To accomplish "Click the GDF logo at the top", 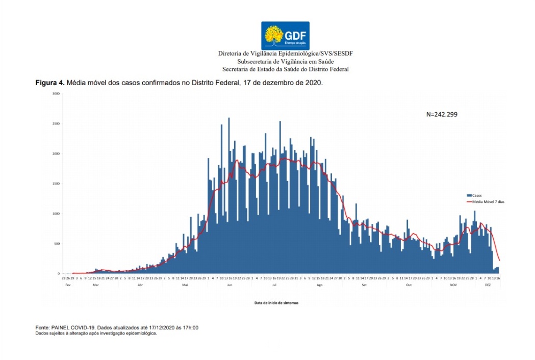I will pos(285,35).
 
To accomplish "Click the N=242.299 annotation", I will pos(442,114).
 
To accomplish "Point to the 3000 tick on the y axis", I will pos(57,94).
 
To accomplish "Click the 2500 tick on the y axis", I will pos(57,124).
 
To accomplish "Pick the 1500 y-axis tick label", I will pos(57,184).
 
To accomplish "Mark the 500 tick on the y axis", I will pos(57,244).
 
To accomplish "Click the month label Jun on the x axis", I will pos(230,285).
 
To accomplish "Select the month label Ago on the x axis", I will pos(320,285).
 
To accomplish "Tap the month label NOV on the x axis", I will pos(453,285).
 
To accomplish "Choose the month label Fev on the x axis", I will pos(67,285).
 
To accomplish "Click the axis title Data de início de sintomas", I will pos(276,303).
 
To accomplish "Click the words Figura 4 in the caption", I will pos(49,83).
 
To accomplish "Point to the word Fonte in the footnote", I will pos(43,328).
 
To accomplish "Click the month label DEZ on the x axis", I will pos(488,285).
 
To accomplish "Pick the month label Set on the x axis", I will pos(364,285).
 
